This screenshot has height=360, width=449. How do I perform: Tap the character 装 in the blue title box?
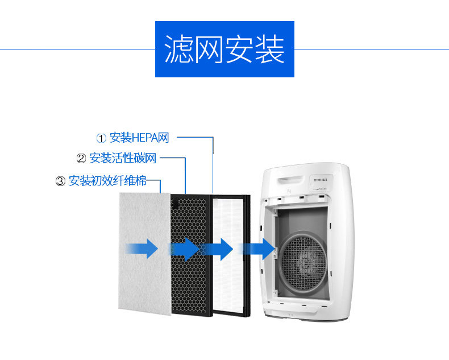click(270, 50)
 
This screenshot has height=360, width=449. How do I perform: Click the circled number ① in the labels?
click(101, 138)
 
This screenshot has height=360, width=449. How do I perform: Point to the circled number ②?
click(81, 159)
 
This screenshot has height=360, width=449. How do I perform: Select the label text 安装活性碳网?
click(123, 159)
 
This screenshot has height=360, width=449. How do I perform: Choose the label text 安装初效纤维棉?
click(107, 181)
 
